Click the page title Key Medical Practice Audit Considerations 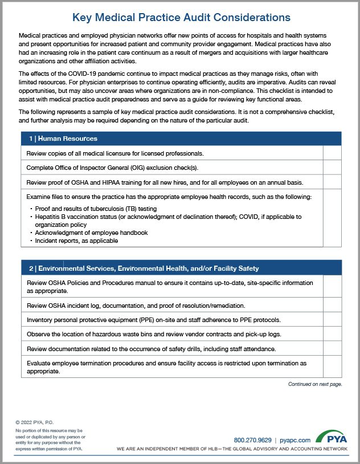[180, 18]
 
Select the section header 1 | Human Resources [64, 139]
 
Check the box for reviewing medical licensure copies [332, 153]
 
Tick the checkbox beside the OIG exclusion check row [332, 168]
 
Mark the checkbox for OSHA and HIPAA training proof [332, 182]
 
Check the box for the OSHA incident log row [332, 305]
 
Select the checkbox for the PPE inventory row [332, 319]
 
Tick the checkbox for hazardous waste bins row [332, 333]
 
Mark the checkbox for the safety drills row [332, 348]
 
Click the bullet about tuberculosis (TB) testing [88, 209]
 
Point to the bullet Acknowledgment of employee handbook [91, 233]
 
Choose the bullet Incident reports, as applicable [76, 241]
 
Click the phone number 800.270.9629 [253, 440]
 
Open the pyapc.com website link [296, 440]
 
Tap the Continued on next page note [314, 385]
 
